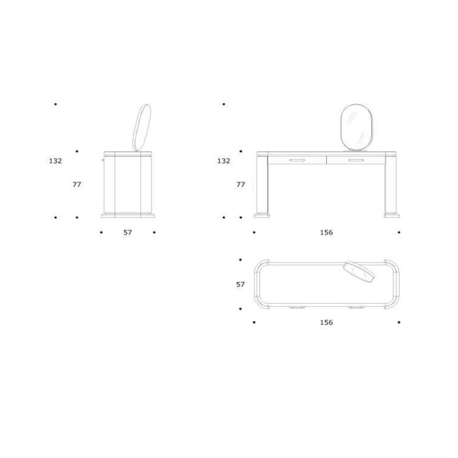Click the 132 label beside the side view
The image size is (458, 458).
pyautogui.click(x=55, y=161)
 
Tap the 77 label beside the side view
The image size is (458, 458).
pyautogui.click(x=77, y=184)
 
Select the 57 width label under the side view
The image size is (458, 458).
pyautogui.click(x=127, y=233)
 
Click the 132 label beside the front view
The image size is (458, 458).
pyautogui.click(x=224, y=161)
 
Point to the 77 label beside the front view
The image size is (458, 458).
pyautogui.click(x=240, y=184)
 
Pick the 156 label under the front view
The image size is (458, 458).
pyautogui.click(x=326, y=233)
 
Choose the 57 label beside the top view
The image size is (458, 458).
pyautogui.click(x=240, y=284)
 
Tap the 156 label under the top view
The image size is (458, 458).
pyautogui.click(x=326, y=322)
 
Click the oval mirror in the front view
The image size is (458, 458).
pyautogui.click(x=357, y=128)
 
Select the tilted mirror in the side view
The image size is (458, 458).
pyautogui.click(x=142, y=128)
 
